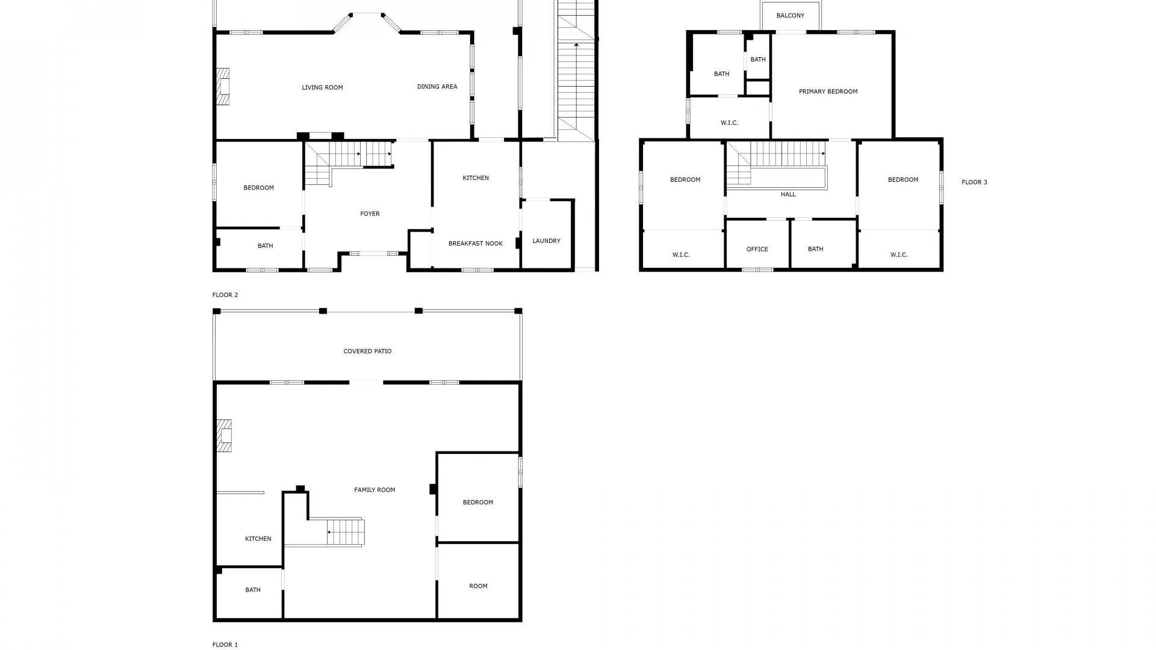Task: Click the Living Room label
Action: (x=322, y=88)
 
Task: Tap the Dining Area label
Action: (x=437, y=87)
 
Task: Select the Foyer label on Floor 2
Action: (x=370, y=214)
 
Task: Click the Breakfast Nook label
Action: (x=475, y=244)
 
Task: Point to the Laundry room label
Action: (x=546, y=241)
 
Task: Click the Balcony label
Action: (x=790, y=16)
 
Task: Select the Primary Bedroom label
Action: (x=828, y=91)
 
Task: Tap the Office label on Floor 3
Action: (x=757, y=249)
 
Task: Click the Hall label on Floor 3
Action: (x=788, y=194)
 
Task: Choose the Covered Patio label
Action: (x=367, y=351)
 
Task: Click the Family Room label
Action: (x=374, y=490)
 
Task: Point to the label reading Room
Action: (x=478, y=586)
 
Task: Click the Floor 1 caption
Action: (x=225, y=645)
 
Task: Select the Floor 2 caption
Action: (x=225, y=295)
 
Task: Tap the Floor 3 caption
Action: (x=974, y=182)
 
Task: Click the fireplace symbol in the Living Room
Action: (x=223, y=87)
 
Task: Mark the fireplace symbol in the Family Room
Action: (x=223, y=435)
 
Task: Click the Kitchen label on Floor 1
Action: (x=258, y=539)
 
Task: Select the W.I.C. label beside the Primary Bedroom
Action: (x=729, y=123)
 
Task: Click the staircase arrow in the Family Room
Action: (x=329, y=532)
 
